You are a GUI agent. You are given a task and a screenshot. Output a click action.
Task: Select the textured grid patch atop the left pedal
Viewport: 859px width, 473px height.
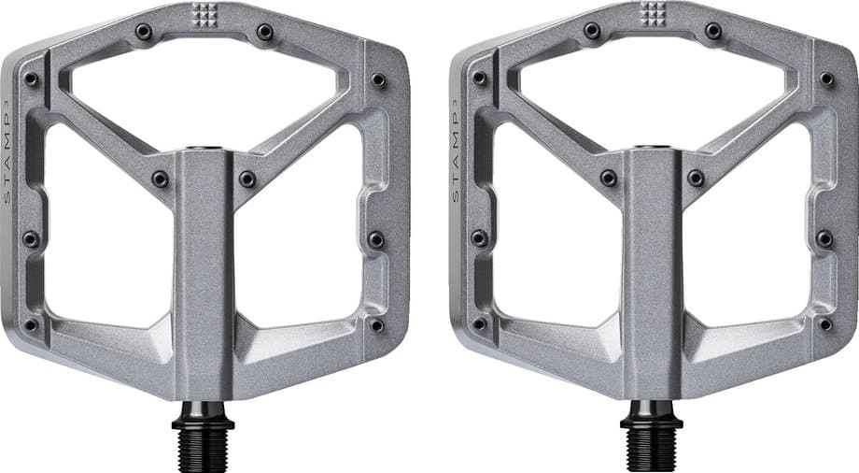(204, 14)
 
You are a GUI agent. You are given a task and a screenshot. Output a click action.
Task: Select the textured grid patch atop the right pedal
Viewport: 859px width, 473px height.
(652, 14)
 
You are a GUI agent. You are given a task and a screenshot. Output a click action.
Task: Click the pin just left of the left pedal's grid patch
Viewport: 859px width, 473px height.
(144, 32)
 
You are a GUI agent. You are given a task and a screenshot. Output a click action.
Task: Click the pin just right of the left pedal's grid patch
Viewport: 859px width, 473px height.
(264, 32)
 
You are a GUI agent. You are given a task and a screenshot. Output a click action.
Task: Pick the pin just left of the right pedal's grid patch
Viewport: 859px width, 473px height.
(592, 32)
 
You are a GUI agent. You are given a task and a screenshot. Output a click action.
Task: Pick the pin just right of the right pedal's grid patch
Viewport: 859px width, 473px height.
(712, 32)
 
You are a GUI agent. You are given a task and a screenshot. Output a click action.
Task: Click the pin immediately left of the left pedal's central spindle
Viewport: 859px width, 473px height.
(160, 178)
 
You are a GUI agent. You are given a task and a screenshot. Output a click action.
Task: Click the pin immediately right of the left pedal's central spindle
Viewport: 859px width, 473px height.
(247, 178)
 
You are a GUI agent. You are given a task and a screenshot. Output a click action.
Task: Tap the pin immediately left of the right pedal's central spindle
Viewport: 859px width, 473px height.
(608, 178)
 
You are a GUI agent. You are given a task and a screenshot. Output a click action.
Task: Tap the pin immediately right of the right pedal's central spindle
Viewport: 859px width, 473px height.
(696, 178)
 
